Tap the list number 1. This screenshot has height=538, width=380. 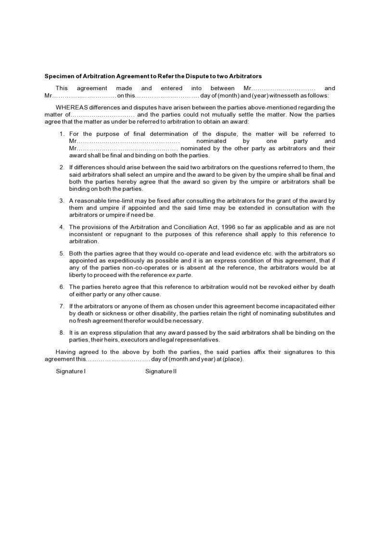click(62, 134)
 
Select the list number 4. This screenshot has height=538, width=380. click(62, 227)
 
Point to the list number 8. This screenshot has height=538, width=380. click(62, 333)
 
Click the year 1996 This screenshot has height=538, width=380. click(228, 227)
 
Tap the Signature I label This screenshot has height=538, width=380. click(71, 371)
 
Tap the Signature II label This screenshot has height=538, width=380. click(161, 371)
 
